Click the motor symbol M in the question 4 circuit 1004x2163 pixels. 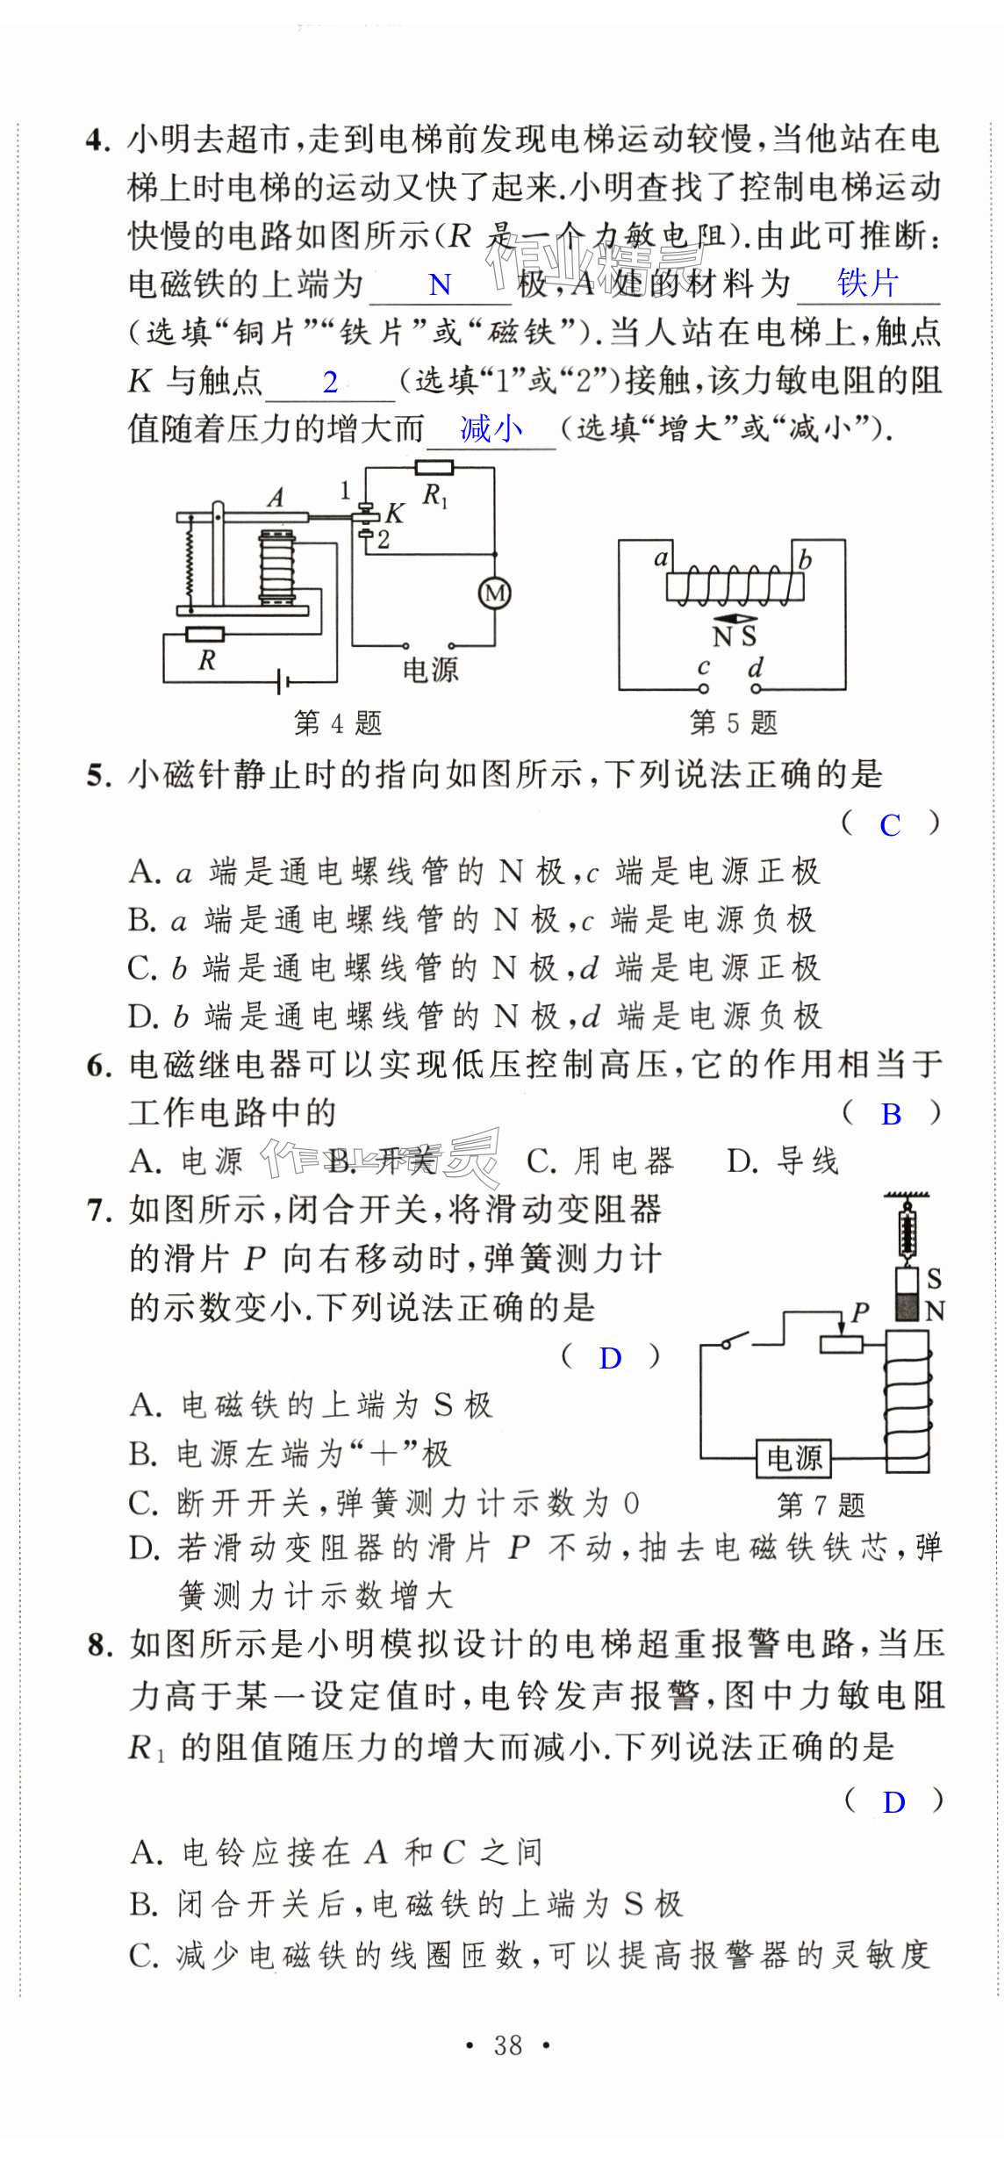(x=495, y=593)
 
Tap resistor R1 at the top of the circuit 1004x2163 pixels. (x=434, y=468)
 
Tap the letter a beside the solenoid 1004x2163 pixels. (x=661, y=557)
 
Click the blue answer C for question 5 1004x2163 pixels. (x=890, y=825)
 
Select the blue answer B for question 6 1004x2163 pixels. (x=891, y=1114)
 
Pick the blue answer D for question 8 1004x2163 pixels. (x=893, y=1802)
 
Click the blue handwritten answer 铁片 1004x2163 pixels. (x=867, y=283)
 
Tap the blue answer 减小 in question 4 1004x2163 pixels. (x=491, y=428)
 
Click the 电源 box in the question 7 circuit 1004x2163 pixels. (x=794, y=1458)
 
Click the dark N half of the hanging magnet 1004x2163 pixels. (x=907, y=1307)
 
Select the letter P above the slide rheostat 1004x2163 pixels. (x=859, y=1311)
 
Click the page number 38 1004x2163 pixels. (x=507, y=2046)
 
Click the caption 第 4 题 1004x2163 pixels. (x=337, y=722)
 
